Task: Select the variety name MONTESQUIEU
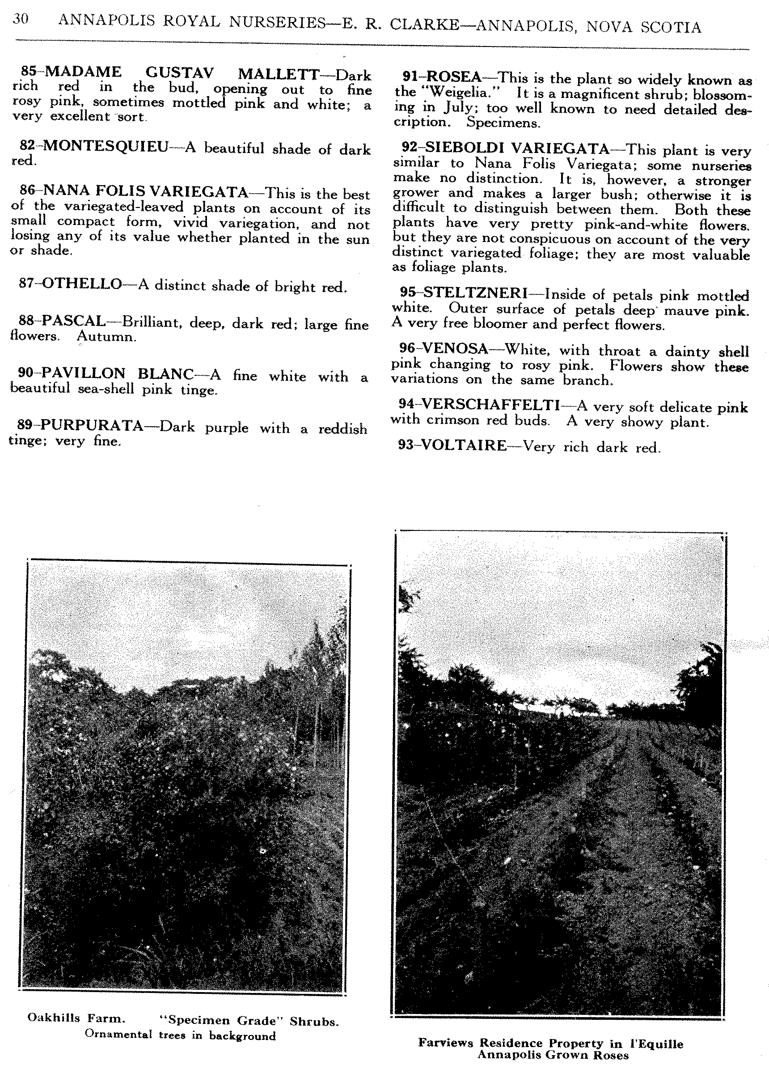point(106,146)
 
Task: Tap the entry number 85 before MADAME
point(29,72)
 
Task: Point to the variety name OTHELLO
point(82,284)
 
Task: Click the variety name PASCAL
point(73,321)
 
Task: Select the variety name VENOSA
point(455,349)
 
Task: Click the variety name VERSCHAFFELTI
point(490,404)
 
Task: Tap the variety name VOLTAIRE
point(464,445)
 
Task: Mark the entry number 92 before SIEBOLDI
point(410,148)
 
